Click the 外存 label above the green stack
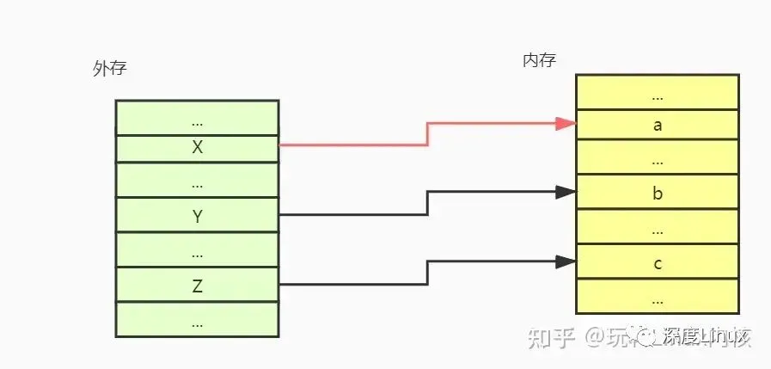click(109, 69)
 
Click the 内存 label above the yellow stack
click(539, 60)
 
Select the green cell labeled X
click(197, 147)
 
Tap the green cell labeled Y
click(197, 217)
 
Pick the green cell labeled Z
click(197, 286)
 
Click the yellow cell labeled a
click(658, 125)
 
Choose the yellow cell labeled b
click(658, 194)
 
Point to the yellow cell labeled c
click(658, 263)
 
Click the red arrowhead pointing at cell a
click(565, 123)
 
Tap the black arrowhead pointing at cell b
click(565, 192)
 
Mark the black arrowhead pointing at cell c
click(565, 261)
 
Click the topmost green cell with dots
click(197, 118)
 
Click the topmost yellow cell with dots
click(658, 92)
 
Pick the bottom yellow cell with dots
click(658, 297)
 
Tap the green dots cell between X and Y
click(197, 181)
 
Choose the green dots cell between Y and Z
click(197, 250)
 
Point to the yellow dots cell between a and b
click(658, 158)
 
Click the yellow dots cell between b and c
click(658, 228)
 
